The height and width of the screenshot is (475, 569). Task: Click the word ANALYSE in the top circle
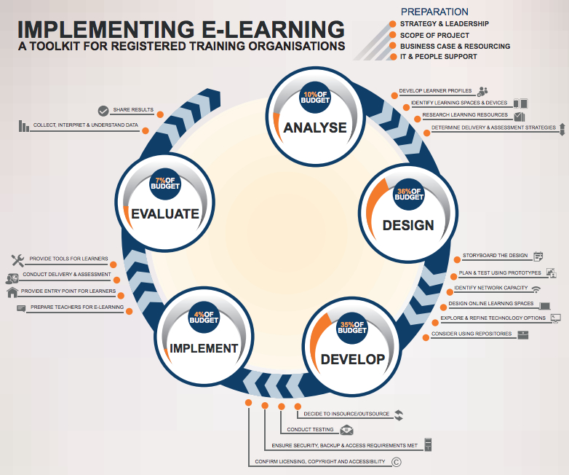coord(315,127)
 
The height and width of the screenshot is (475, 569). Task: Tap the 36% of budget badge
coord(409,194)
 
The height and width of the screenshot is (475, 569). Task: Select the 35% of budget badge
coord(352,328)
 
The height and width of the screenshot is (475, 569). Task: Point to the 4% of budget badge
coord(204,317)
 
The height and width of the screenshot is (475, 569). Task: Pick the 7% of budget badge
coord(165,184)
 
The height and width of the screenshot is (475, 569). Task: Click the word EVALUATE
coord(165,213)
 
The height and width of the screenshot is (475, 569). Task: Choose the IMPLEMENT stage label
coord(204,348)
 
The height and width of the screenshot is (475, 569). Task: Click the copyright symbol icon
coord(397,462)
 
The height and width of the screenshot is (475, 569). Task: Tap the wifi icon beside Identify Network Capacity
coord(536,289)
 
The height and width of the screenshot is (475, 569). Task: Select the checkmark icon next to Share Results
coord(103,111)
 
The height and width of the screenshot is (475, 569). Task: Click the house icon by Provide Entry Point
coord(12,292)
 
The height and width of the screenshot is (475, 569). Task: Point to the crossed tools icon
coord(17,260)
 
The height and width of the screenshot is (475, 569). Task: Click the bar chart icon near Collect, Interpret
coord(23,126)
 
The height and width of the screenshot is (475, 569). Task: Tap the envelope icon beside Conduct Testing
coord(346,430)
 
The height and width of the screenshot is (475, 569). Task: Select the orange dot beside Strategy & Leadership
coord(392,24)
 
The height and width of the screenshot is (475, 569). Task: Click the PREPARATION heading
coord(434,12)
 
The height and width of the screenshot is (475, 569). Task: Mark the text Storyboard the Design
coord(495,256)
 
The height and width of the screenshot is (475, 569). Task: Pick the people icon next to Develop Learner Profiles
coord(482,91)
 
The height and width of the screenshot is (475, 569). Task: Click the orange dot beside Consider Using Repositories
coord(426,338)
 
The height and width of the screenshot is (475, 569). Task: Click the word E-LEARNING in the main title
coord(273,29)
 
